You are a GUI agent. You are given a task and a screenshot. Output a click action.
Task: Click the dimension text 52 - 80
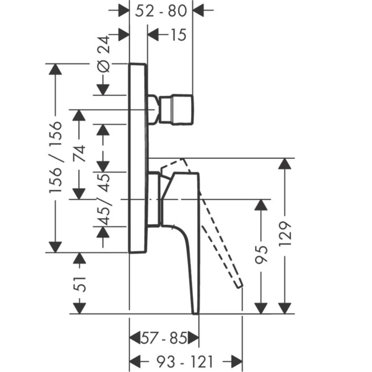coord(161,11)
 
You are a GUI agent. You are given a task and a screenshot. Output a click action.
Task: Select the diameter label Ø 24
coord(103,54)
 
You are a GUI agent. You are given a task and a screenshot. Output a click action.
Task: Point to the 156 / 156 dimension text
coord(55,157)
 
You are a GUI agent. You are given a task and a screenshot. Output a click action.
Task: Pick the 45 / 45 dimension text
coord(104,199)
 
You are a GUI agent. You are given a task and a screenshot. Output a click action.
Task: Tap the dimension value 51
coord(80,284)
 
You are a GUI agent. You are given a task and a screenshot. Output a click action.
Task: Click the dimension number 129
coord(285,234)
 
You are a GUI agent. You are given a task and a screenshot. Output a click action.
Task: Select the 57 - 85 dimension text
coord(164,338)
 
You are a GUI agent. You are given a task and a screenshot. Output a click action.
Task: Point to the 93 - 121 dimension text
coord(185,362)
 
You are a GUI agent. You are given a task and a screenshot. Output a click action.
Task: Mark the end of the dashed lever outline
coord(240,285)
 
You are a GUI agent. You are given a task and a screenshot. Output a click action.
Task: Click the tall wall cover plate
coord(138,158)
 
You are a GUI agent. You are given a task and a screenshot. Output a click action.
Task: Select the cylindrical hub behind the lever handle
coord(154,199)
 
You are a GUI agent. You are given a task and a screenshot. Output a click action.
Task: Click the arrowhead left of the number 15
coord(153,35)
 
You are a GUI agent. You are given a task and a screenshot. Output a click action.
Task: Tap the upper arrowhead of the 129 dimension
coord(285,164)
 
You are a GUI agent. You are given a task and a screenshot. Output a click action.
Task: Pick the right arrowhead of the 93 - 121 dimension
coord(237,362)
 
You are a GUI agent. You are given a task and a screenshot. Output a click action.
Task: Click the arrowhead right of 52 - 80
coord(198,10)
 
